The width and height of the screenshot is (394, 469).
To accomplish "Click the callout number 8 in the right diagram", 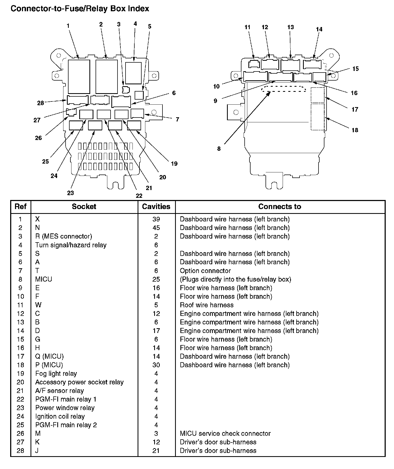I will point(219,149).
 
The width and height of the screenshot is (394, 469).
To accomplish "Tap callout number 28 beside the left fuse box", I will point(40,103).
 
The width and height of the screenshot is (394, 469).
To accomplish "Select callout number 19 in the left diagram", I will point(174,164).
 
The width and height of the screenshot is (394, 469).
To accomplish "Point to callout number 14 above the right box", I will point(319,29).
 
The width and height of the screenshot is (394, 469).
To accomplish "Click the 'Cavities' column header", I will point(156,206).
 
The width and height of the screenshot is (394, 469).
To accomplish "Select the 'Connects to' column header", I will point(279,206).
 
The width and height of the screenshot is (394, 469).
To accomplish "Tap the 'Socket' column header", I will point(84,206).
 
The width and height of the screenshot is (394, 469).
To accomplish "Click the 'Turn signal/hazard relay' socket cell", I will point(71,245).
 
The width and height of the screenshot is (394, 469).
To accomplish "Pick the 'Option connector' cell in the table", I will point(205,271).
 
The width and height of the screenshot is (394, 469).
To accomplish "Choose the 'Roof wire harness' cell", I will point(207,305).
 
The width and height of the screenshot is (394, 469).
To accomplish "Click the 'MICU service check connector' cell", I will point(225,433).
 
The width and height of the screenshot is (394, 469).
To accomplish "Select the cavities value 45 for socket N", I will point(156,228).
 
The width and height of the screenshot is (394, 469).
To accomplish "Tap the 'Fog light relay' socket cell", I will point(56,373).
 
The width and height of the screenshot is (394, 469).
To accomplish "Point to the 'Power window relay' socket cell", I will point(65,408).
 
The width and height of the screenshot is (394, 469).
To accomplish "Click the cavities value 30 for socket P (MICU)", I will point(156,365).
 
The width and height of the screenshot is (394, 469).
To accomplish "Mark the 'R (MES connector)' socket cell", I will point(63,236).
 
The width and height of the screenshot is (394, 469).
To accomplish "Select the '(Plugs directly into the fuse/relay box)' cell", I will point(235,279).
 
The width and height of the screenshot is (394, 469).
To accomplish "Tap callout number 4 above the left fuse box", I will point(135,24).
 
